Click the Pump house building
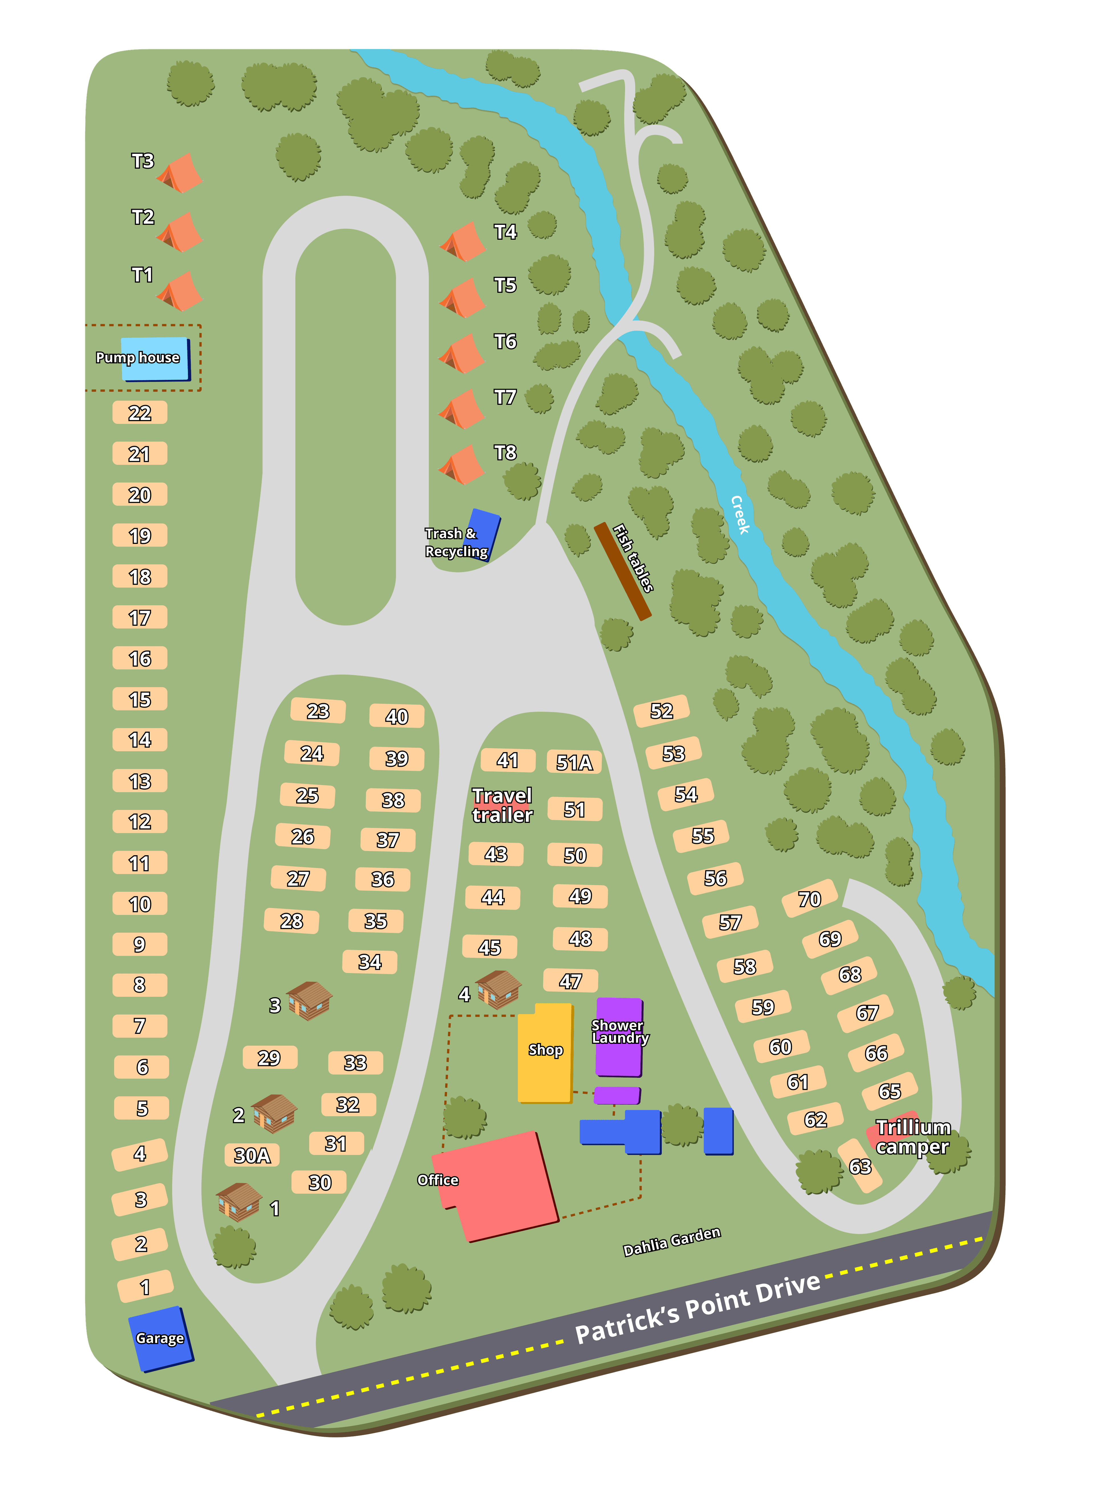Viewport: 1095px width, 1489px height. [155, 359]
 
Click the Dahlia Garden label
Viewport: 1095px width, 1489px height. [672, 1241]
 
